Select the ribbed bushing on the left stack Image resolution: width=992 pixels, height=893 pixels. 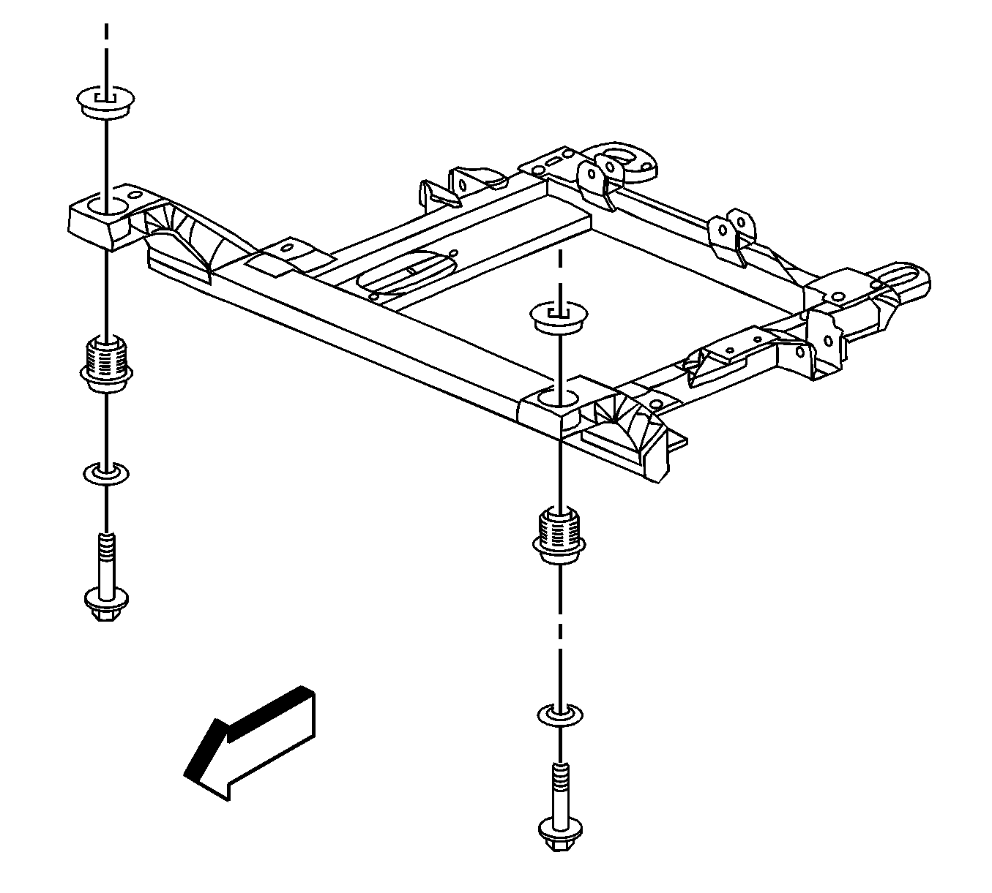point(107,362)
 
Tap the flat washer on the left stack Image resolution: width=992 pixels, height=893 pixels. point(107,474)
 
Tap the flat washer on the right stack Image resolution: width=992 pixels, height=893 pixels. point(559,715)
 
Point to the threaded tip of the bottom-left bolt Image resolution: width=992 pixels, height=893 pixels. point(107,545)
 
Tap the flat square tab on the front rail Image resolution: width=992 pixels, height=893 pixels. point(282,256)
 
